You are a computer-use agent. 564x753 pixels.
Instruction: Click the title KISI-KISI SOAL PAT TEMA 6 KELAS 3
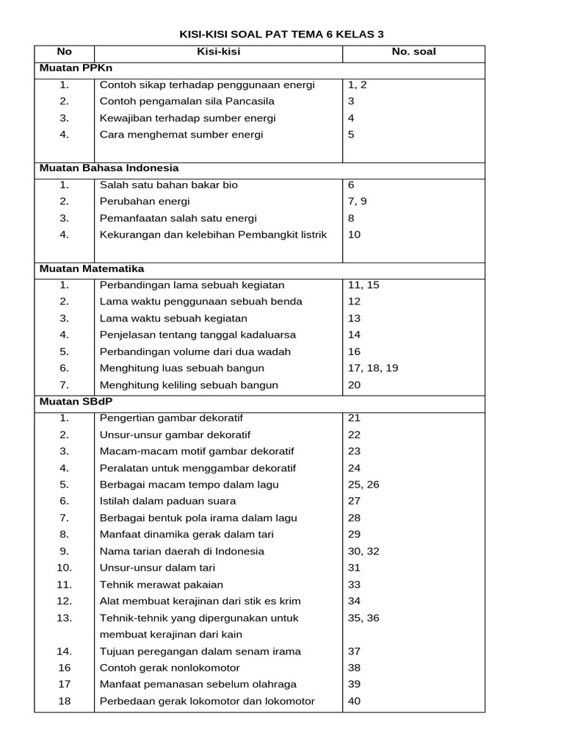point(282,35)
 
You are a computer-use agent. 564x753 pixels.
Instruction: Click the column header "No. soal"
point(414,51)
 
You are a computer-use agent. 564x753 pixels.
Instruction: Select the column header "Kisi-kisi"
point(218,51)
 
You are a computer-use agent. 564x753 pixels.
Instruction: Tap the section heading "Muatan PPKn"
point(71,68)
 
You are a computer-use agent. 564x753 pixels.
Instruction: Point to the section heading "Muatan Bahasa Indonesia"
point(109,168)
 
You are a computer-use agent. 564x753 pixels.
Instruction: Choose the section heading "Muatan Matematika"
point(91,268)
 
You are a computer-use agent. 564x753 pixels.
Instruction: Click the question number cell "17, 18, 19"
point(373,368)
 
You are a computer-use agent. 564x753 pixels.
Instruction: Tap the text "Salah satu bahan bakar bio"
point(169,185)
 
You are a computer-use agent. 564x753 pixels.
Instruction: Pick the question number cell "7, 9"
point(358,201)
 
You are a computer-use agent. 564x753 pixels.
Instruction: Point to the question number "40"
point(355,701)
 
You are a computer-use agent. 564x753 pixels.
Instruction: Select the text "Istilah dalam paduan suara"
point(166,501)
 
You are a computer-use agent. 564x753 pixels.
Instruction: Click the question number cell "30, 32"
point(364,551)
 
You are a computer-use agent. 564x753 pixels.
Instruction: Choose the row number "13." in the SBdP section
point(65,618)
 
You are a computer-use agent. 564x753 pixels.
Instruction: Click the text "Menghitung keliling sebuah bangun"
point(189,385)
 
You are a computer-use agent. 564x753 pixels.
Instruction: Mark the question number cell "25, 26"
point(364,485)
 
